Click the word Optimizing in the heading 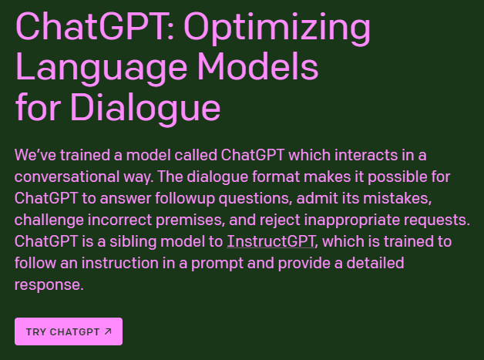277,29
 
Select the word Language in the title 102,69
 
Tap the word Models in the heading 257,66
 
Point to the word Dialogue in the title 146,109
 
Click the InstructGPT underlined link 271,241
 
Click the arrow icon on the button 108,331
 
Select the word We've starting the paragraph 35,155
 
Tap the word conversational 67,177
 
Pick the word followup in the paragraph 185,199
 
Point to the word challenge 49,220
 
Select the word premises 190,220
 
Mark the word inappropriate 352,220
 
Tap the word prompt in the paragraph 217,264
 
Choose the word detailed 375,263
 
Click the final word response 49,285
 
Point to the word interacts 366,155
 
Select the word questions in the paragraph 255,199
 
